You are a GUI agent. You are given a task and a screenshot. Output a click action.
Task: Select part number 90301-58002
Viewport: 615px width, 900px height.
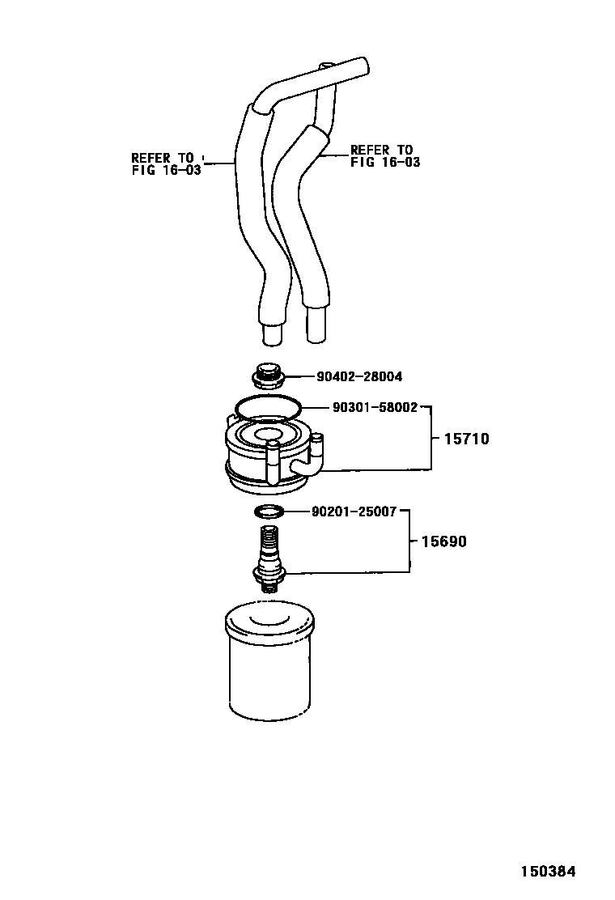point(375,407)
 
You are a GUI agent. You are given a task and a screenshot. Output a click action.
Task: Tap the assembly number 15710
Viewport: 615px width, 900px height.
point(466,439)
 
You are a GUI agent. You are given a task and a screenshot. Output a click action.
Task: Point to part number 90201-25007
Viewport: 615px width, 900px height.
point(354,512)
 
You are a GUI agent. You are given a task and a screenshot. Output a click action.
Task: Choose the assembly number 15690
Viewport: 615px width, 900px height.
point(443,541)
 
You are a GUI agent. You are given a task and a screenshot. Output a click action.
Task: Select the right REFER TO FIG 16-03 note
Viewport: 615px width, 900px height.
point(384,156)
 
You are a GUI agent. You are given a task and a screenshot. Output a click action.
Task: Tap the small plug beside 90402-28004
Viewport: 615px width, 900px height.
point(266,376)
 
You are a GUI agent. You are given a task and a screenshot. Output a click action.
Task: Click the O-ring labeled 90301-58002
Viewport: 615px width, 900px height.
point(266,405)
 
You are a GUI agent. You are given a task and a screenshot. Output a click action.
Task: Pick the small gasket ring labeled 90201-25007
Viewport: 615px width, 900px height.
point(269,512)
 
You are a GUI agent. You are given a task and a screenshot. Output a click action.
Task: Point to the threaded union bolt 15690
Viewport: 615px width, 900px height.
point(269,558)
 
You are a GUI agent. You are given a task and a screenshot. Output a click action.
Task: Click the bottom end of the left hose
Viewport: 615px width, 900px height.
point(271,332)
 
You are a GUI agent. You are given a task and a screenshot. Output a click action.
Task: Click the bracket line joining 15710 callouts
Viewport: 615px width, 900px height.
point(431,438)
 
